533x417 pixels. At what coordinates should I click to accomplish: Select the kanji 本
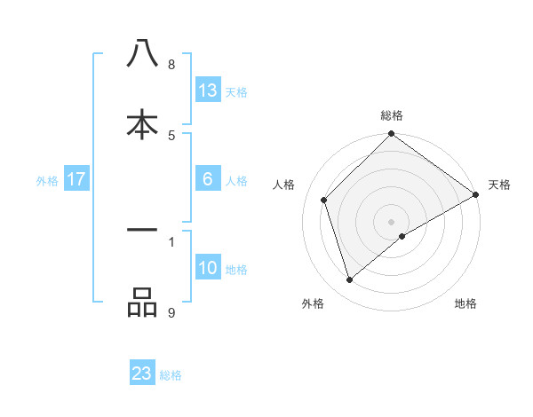pos(142,124)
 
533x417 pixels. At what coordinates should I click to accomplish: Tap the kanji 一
pos(142,231)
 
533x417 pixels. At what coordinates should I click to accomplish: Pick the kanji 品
pos(142,303)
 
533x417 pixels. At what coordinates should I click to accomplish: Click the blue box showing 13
pos(208,90)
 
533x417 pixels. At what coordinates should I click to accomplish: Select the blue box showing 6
pos(208,179)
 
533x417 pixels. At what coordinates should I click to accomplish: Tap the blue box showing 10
pos(208,268)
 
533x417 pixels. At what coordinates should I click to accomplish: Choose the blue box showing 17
pos(76,179)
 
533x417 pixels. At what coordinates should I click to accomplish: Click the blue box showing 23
pos(142,374)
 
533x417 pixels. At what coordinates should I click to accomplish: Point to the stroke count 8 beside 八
pos(171,64)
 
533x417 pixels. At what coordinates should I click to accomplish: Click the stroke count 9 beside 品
pos(171,311)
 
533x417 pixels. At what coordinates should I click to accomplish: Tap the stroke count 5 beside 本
pos(171,135)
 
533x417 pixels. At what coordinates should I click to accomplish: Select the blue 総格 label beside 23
pos(171,375)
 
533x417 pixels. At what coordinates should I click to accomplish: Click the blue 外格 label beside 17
pos(47,181)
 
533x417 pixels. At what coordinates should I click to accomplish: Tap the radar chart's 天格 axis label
pos(499,185)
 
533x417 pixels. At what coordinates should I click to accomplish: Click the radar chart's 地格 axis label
pos(465,303)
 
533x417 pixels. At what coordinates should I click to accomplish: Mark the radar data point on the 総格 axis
pos(391,135)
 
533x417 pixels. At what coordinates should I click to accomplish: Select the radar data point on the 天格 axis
pos(475,195)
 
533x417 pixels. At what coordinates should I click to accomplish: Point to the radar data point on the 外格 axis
pos(349,280)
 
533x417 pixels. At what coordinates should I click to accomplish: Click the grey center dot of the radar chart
pos(391,221)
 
